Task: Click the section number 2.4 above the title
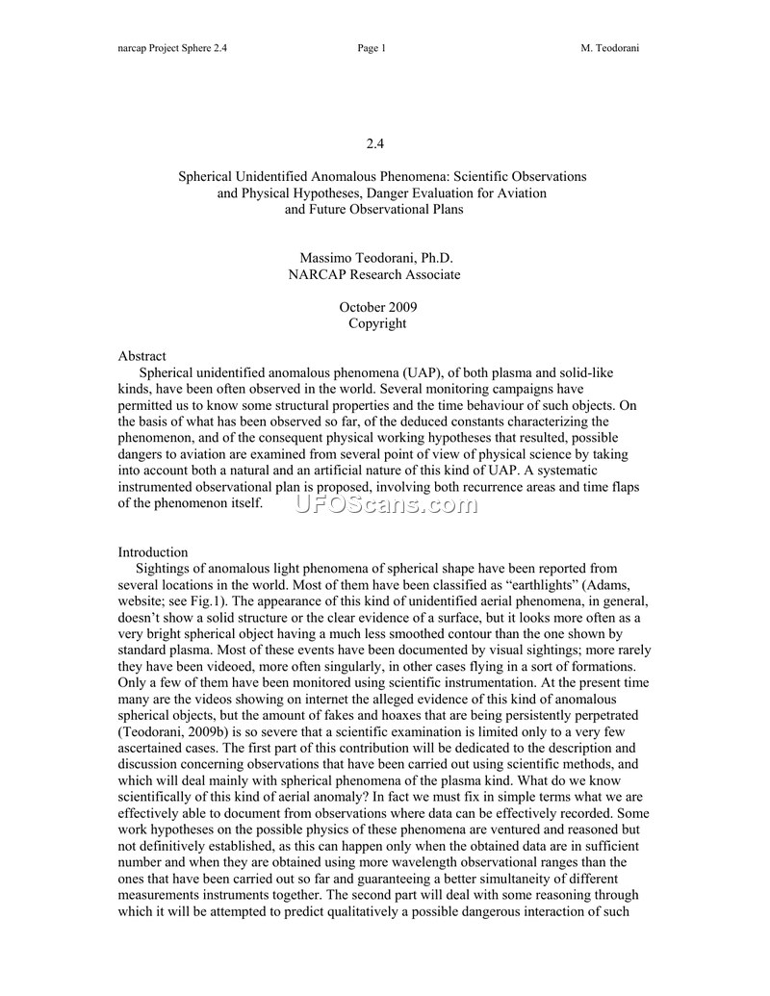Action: point(375,144)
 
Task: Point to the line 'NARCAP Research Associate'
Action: point(375,275)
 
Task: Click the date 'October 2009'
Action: point(377,307)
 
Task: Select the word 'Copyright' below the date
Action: point(377,323)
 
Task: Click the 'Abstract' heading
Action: point(141,356)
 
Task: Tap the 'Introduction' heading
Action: point(152,552)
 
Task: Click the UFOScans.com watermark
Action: point(385,504)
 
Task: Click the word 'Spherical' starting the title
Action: point(207,177)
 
